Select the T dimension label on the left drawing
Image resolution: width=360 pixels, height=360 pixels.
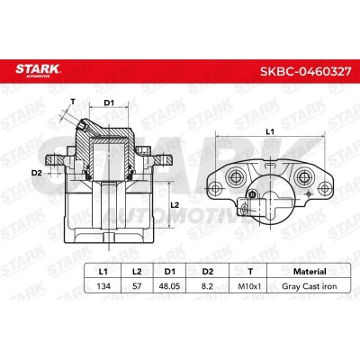(x=71, y=102)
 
